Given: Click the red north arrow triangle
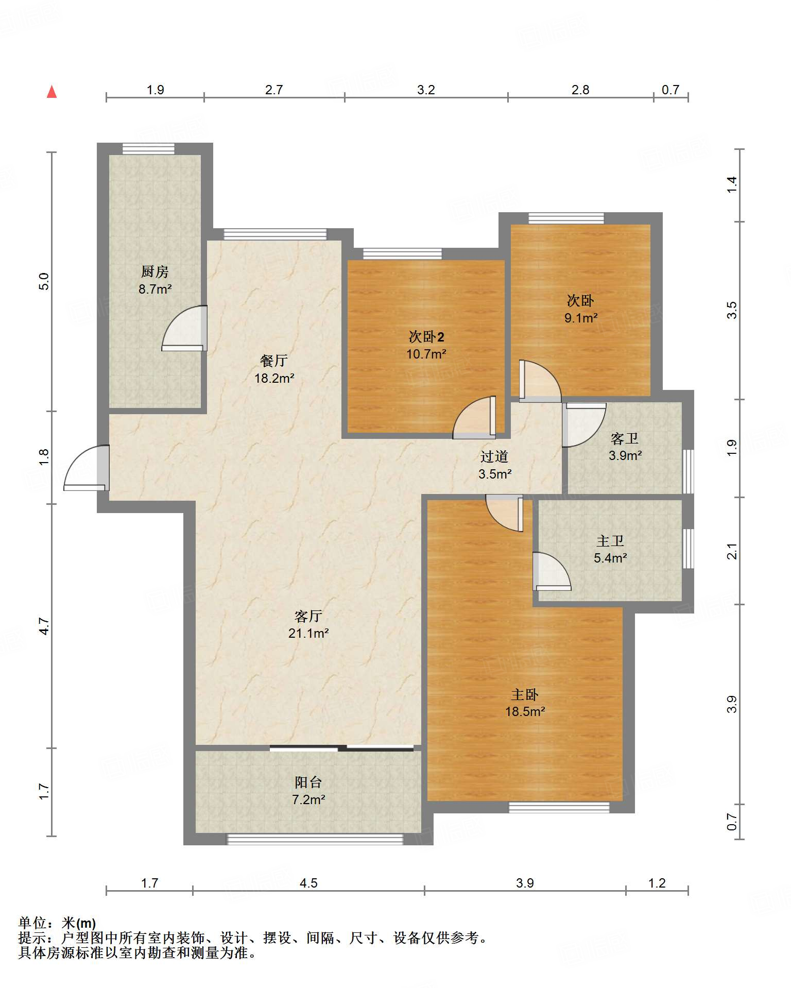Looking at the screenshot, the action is point(51,92).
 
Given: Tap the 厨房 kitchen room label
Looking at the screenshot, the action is point(155,271).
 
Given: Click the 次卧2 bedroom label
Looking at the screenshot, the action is point(426,337).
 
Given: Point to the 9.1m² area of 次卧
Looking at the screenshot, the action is point(581,318).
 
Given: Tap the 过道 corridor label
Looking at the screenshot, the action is point(494,456).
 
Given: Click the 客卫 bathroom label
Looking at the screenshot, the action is point(625,438).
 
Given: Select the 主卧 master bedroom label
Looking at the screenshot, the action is point(525,694).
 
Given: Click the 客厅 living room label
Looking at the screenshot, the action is point(308,616).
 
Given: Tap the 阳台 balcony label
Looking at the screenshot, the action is point(308,782).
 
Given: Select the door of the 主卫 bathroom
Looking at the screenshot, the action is point(552,571).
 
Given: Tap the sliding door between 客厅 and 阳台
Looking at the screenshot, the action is point(341,748).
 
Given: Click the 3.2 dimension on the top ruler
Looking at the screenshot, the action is point(426,90).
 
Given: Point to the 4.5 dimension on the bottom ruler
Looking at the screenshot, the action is point(308,883).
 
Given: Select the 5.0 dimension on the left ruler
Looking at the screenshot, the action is point(44,281).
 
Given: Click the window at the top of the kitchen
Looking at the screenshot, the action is point(148,149).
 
